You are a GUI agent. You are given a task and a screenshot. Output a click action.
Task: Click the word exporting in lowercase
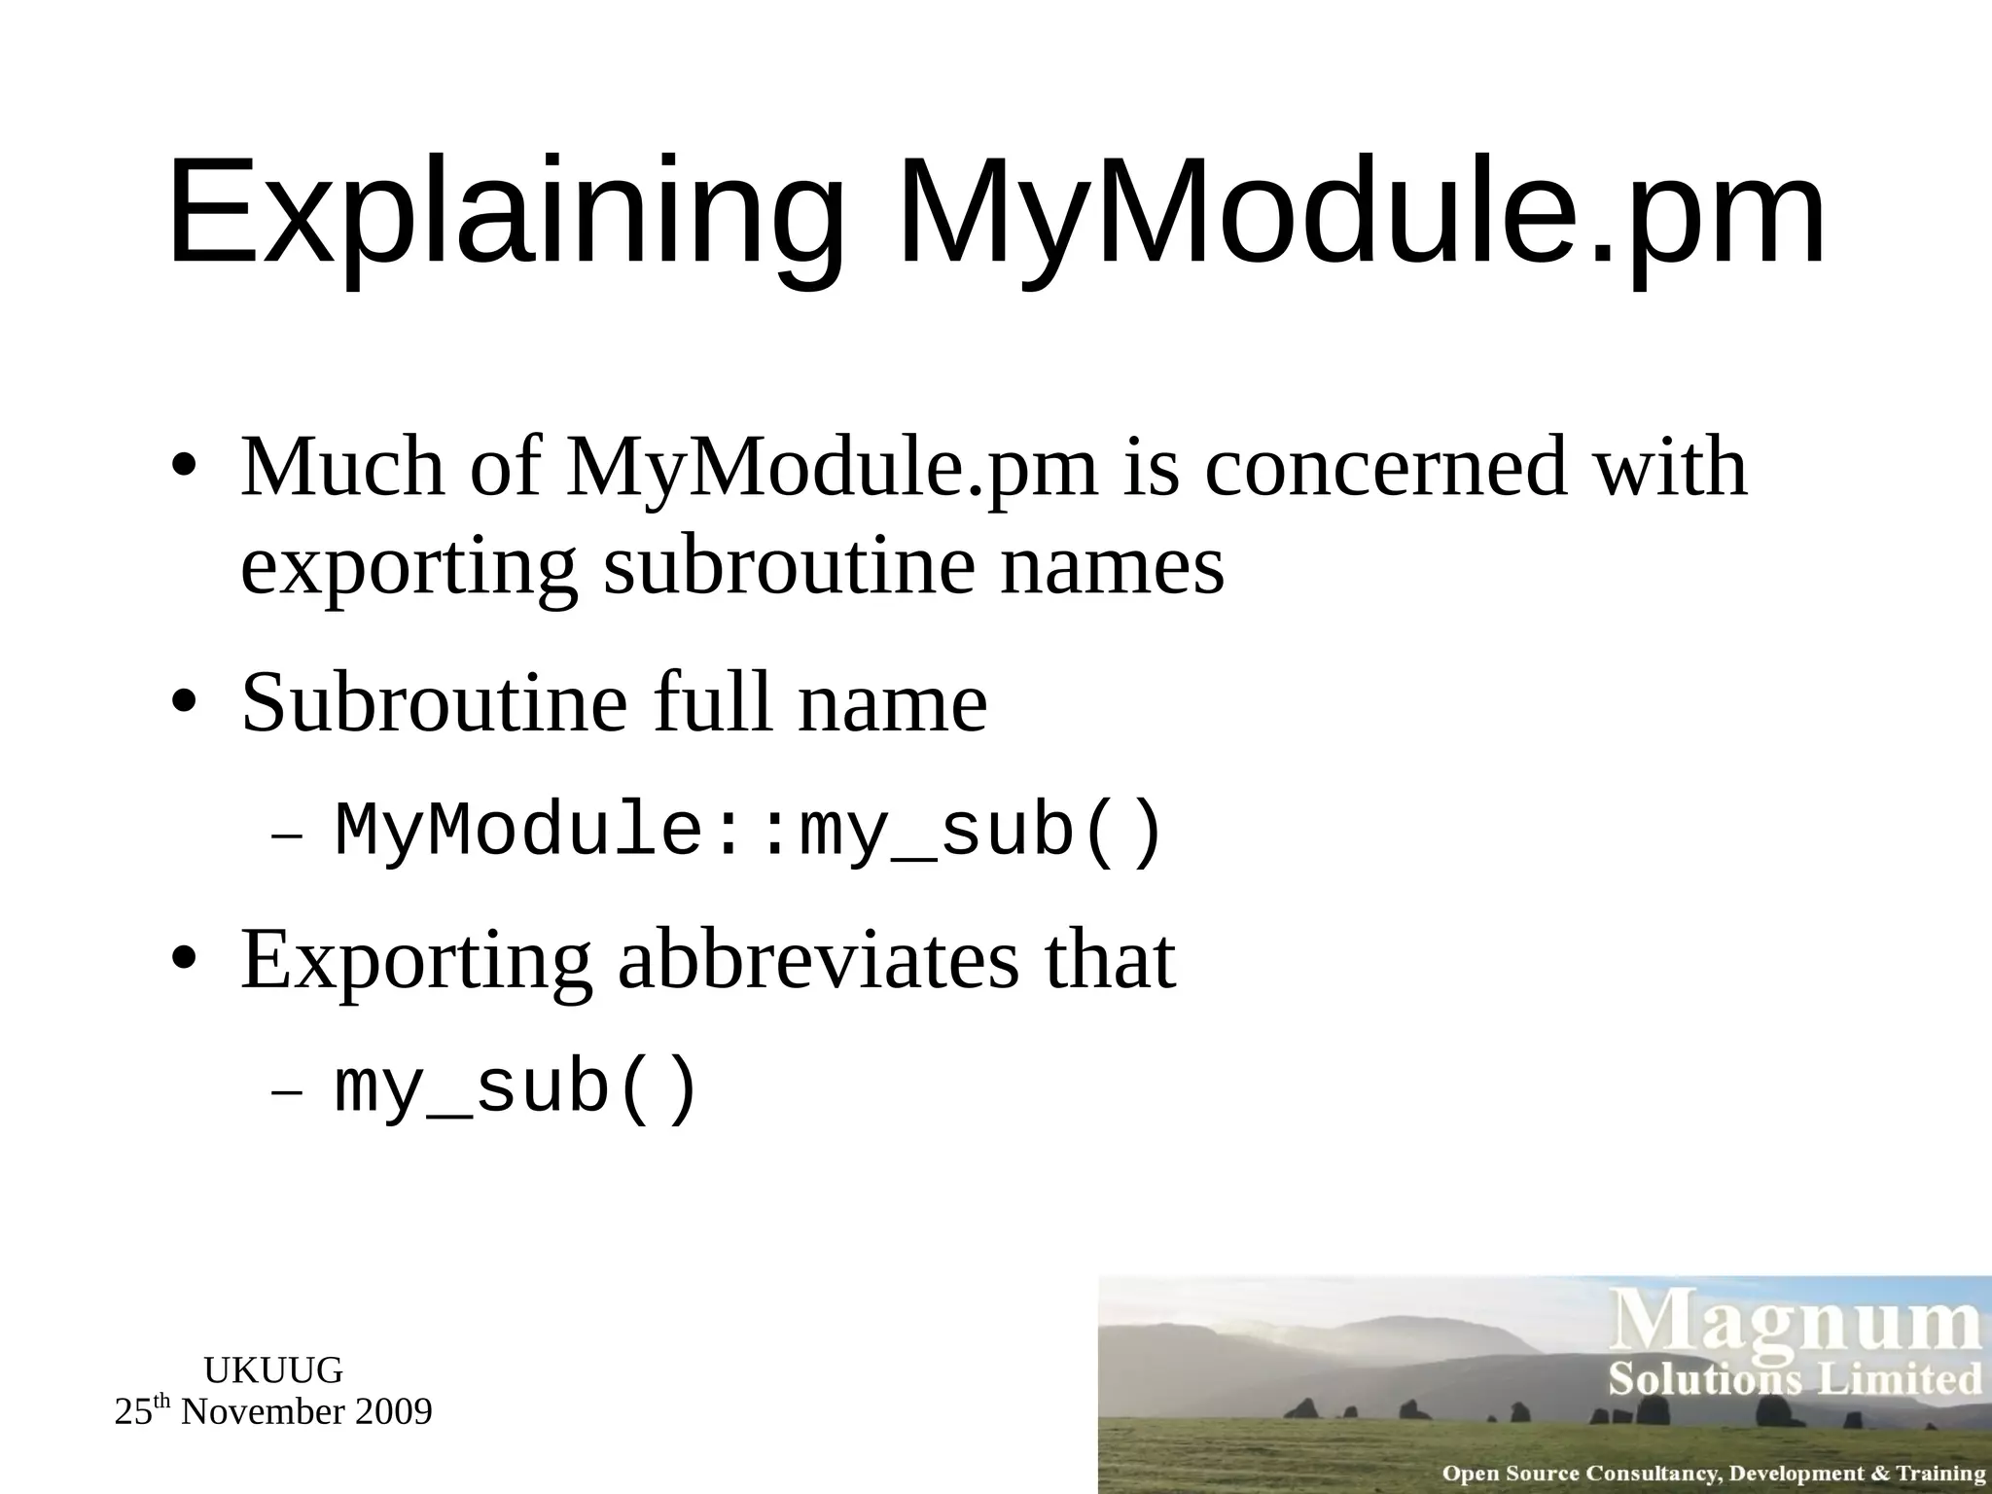click(x=409, y=569)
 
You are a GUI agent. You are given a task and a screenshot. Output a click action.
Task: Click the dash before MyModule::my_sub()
click(x=287, y=836)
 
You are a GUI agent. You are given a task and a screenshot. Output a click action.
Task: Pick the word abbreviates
click(x=819, y=960)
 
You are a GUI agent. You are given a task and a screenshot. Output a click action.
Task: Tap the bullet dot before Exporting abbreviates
click(x=185, y=960)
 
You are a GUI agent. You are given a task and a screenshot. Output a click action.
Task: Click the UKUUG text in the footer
click(x=273, y=1370)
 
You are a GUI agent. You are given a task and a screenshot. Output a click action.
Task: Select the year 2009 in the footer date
click(x=393, y=1412)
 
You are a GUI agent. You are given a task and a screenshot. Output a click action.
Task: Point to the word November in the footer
click(x=263, y=1412)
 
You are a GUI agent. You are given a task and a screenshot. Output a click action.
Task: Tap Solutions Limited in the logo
click(x=1796, y=1379)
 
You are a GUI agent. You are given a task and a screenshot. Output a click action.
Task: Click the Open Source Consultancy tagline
click(x=1712, y=1474)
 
